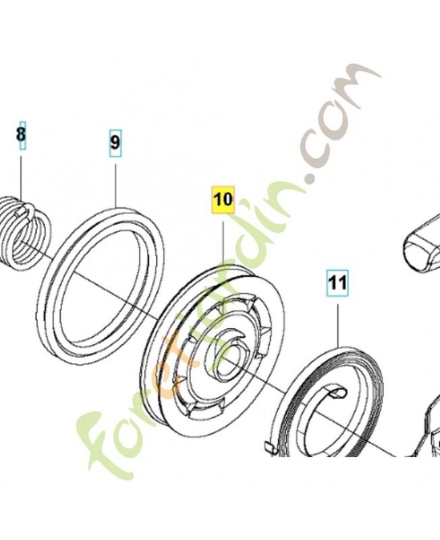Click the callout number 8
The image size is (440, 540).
pos(22,134)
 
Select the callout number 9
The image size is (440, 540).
pos(115,143)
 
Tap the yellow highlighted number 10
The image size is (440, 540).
pos(223,199)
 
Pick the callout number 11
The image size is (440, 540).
pos(337,283)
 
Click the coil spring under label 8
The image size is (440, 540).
pos(25,235)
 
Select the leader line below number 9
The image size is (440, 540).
pos(115,185)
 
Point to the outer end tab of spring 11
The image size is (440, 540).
pos(269,447)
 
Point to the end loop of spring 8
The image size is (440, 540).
pos(27,211)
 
